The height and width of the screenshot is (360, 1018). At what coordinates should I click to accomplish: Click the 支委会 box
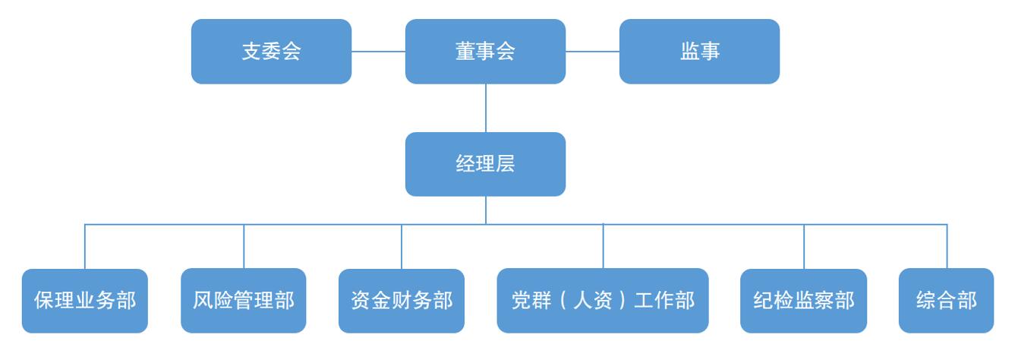pyautogui.click(x=271, y=52)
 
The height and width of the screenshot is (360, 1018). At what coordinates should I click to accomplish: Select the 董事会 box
pyautogui.click(x=485, y=52)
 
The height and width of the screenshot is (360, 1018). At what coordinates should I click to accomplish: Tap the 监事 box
pyautogui.click(x=699, y=52)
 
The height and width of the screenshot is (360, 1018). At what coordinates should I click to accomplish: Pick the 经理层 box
pyautogui.click(x=485, y=164)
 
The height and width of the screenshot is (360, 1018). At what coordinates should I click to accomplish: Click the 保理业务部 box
pyautogui.click(x=85, y=301)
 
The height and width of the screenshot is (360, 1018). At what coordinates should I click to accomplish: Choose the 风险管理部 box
pyautogui.click(x=244, y=301)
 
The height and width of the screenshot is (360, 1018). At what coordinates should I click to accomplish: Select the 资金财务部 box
pyautogui.click(x=402, y=301)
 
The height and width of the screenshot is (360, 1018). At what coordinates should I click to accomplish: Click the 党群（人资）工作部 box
pyautogui.click(x=603, y=301)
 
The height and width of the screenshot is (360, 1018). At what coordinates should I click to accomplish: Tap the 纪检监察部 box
pyautogui.click(x=804, y=301)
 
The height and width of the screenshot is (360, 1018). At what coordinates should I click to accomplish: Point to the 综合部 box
pyautogui.click(x=947, y=301)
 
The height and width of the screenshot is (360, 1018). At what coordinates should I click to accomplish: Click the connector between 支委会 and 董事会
pyautogui.click(x=378, y=52)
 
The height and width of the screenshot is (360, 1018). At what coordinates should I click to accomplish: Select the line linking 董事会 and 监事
pyautogui.click(x=592, y=52)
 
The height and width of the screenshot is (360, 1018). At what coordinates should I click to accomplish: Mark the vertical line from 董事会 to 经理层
pyautogui.click(x=486, y=108)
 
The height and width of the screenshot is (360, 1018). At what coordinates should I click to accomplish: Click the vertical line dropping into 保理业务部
pyautogui.click(x=85, y=247)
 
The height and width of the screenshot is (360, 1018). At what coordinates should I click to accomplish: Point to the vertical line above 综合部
pyautogui.click(x=947, y=247)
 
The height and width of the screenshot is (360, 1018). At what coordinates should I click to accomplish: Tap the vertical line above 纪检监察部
pyautogui.click(x=804, y=247)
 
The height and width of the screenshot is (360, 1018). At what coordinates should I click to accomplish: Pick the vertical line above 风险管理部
pyautogui.click(x=244, y=247)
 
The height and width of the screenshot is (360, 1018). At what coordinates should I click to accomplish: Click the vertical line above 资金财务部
pyautogui.click(x=402, y=247)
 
